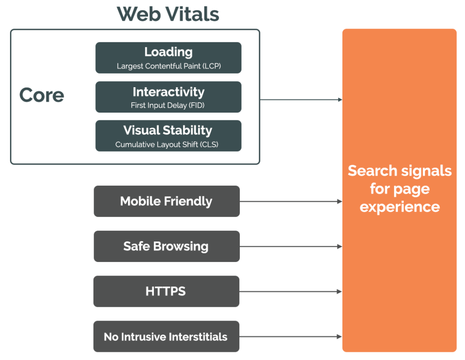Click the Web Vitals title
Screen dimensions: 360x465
[168, 15]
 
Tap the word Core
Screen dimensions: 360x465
[42, 95]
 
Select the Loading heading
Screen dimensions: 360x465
[168, 52]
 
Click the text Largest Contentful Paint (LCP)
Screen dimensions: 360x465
[168, 66]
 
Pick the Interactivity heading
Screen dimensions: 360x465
[168, 92]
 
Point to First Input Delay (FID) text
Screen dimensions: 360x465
[168, 106]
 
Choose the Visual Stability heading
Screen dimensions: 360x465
[168, 131]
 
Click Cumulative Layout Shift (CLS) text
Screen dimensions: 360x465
[168, 145]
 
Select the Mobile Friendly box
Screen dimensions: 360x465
[167, 201]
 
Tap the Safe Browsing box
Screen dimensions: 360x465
[167, 247]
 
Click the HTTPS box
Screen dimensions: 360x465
[166, 291]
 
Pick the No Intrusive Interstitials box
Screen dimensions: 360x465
[166, 337]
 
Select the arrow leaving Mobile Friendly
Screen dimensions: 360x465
[291, 201]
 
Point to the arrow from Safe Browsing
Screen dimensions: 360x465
[291, 247]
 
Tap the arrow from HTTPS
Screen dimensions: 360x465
[291, 291]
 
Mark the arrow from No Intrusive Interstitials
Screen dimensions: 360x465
[291, 337]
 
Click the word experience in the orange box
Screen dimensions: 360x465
[400, 207]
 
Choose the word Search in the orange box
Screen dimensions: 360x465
[371, 171]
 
